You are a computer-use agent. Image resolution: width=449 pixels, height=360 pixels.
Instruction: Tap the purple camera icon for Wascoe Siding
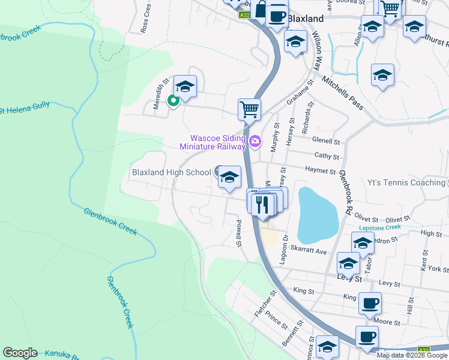point(256,142)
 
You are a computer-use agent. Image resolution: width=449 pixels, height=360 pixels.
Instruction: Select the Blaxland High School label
point(171,173)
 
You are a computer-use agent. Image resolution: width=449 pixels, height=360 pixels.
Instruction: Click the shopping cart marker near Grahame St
point(249,110)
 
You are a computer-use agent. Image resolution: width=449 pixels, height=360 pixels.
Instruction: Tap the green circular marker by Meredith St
point(173,101)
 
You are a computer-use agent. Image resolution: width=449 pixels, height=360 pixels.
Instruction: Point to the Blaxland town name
point(306,19)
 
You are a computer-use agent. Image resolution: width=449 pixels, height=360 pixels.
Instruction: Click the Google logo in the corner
point(20,353)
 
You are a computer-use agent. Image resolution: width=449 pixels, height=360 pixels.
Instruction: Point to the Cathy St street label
point(327,156)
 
